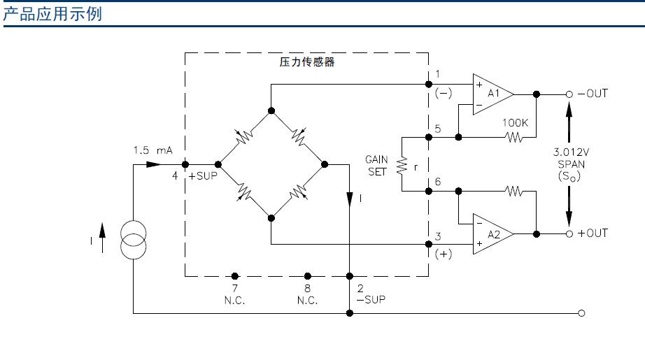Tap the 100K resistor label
(x=515, y=123)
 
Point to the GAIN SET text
(x=376, y=166)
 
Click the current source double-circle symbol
(x=133, y=239)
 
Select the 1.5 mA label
(x=153, y=150)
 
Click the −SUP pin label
(x=371, y=299)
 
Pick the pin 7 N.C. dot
(x=235, y=276)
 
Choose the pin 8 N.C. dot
(x=306, y=276)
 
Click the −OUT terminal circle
(x=569, y=94)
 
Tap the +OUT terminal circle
(x=569, y=233)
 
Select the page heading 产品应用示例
(x=53, y=14)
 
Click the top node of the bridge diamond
(x=271, y=110)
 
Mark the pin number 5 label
(x=437, y=128)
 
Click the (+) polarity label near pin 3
(x=443, y=254)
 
